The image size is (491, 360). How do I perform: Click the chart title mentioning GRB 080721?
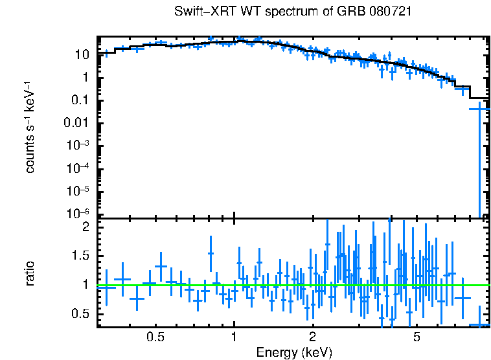293,12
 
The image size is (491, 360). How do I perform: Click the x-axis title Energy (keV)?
294,352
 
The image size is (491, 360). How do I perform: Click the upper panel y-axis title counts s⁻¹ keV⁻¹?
30,128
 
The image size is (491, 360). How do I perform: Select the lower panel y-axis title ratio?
30,273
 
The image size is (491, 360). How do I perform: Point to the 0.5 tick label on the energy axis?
155,337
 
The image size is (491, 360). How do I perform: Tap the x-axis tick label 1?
234,337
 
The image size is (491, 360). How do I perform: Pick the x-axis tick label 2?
312,337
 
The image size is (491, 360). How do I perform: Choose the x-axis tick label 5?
417,337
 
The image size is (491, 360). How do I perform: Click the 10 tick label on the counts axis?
80,54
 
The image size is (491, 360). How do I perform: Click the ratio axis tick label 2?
85,227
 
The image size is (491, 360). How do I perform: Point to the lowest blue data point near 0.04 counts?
479,109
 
